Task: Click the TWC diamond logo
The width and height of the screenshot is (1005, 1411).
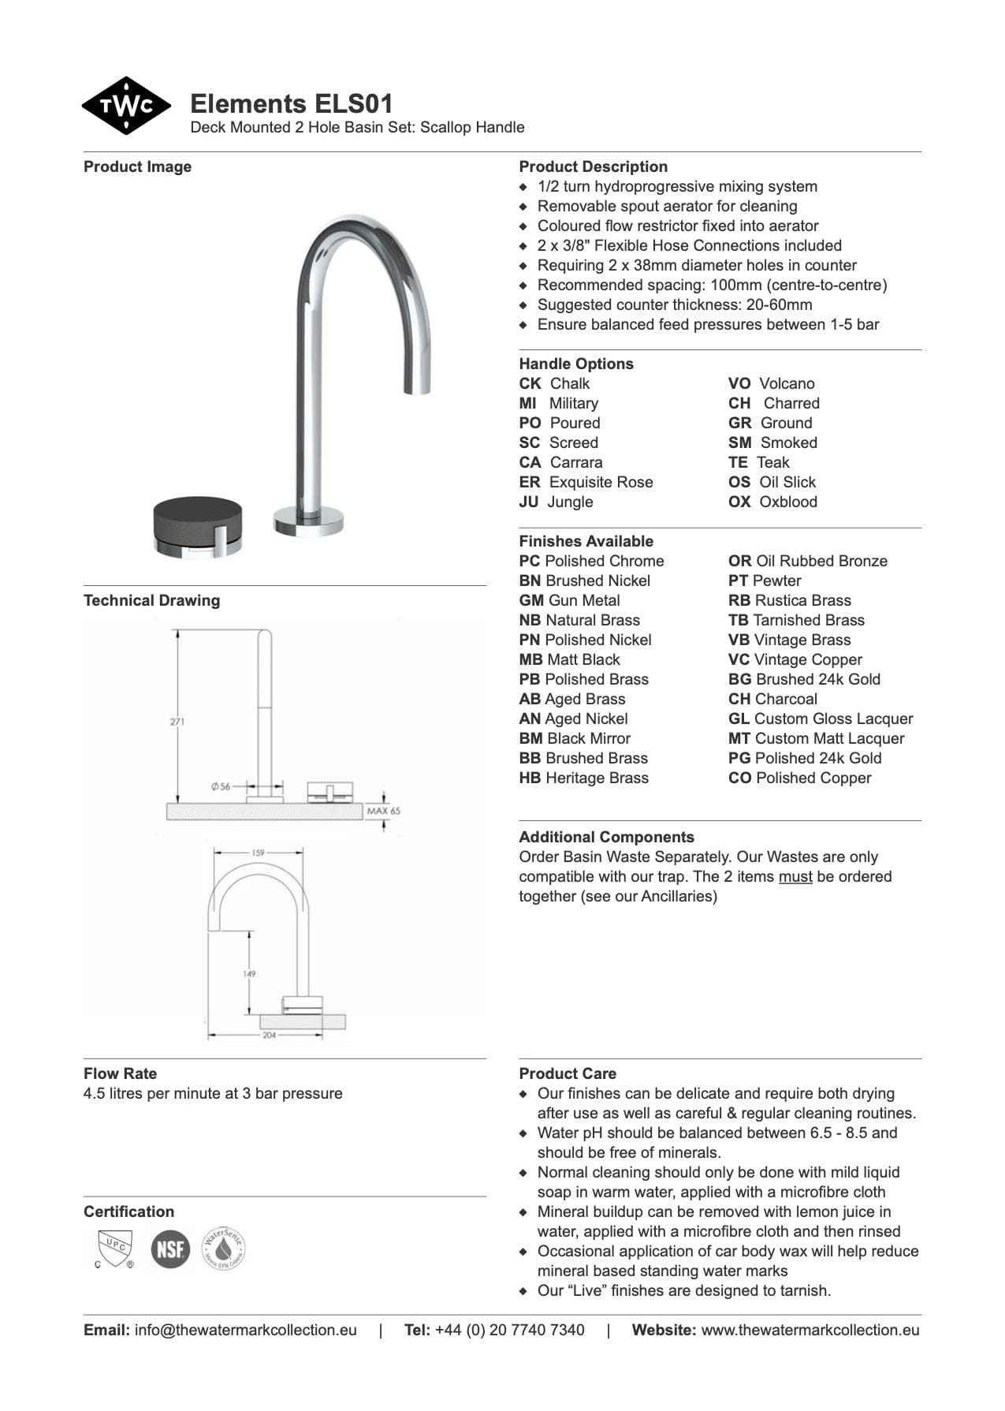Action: pyautogui.click(x=126, y=106)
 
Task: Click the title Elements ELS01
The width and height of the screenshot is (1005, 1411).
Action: pyautogui.click(x=291, y=103)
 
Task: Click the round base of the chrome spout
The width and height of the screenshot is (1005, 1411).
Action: pyautogui.click(x=308, y=521)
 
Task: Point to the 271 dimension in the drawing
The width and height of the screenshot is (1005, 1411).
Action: pyautogui.click(x=177, y=721)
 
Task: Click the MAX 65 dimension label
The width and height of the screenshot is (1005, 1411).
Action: pyautogui.click(x=384, y=811)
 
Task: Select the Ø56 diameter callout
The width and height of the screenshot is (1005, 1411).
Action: pyautogui.click(x=221, y=786)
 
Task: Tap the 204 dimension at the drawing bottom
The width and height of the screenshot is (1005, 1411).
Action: pyautogui.click(x=270, y=1035)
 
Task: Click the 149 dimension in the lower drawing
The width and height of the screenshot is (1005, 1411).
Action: pyautogui.click(x=249, y=973)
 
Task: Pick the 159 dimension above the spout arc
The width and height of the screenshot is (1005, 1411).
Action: pyautogui.click(x=259, y=853)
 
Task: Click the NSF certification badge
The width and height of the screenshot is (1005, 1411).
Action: pyautogui.click(x=170, y=1249)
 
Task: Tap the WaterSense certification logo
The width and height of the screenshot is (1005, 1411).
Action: pyautogui.click(x=223, y=1248)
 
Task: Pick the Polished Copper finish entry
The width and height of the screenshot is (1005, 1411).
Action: pyautogui.click(x=799, y=778)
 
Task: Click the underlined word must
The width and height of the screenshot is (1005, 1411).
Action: pyautogui.click(x=795, y=876)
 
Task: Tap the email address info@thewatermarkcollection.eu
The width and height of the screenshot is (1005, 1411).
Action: pyautogui.click(x=245, y=1330)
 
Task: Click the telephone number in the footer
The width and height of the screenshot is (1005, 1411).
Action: pyautogui.click(x=509, y=1330)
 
